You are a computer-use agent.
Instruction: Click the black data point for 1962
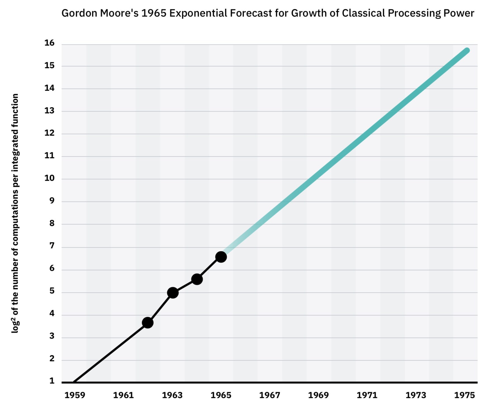[148, 323]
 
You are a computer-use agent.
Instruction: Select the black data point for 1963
[173, 293]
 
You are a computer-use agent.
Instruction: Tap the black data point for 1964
[197, 279]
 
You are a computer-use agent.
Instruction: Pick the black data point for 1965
[221, 257]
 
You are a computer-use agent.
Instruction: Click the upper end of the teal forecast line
[467, 50]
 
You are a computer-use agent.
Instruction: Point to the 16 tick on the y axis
[49, 43]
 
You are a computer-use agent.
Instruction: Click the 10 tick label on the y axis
[49, 178]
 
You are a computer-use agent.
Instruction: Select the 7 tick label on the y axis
[52, 246]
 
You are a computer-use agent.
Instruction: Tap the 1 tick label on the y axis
[52, 381]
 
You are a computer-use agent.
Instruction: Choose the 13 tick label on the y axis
[49, 111]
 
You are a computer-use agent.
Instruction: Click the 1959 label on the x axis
[75, 395]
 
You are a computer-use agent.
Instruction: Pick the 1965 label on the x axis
[221, 395]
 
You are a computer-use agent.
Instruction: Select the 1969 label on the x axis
[318, 395]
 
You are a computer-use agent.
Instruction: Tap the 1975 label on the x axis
[464, 395]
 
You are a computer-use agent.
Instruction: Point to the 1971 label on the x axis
[367, 395]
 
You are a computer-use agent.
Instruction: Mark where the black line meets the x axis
[74, 382]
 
